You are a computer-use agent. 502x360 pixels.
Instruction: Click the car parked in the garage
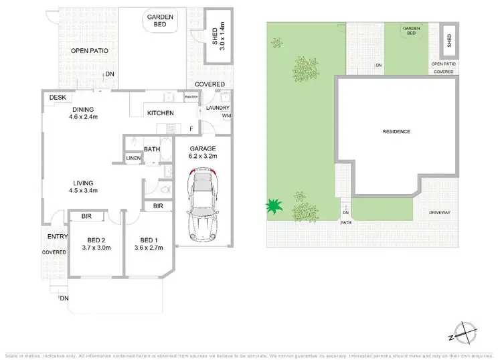[203, 205]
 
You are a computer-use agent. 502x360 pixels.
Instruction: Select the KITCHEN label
[161, 113]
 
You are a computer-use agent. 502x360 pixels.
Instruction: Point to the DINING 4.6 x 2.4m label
[84, 113]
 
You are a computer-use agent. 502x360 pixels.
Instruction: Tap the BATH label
[151, 149]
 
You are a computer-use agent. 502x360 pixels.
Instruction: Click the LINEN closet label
[133, 159]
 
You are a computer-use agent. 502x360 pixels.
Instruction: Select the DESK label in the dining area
[58, 98]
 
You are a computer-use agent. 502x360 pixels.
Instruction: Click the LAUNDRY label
[218, 108]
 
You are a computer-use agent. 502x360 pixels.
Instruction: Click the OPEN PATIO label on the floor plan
[90, 50]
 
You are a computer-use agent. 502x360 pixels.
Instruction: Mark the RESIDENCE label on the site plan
[397, 132]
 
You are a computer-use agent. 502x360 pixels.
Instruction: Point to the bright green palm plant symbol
[273, 206]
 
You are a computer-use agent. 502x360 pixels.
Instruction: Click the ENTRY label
[54, 236]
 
